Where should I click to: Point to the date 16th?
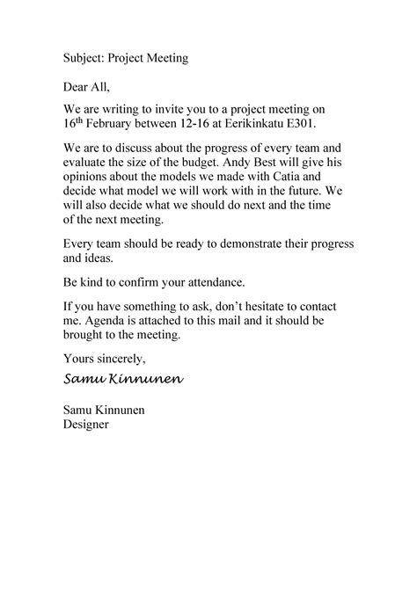(72, 124)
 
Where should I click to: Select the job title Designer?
(86, 425)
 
